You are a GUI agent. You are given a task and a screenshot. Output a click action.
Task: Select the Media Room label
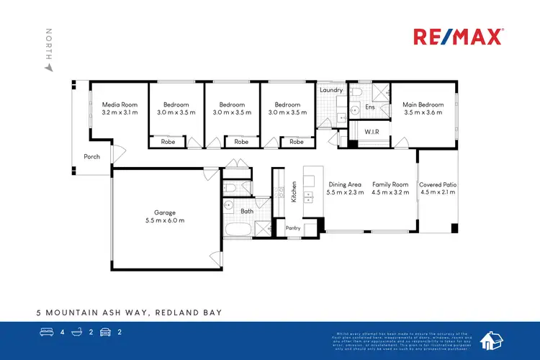[x=120, y=104]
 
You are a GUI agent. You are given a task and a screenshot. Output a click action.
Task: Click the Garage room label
[x=165, y=212]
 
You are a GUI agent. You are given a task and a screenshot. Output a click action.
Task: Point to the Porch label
[x=92, y=157]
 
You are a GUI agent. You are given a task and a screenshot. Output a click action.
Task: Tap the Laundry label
[x=331, y=90]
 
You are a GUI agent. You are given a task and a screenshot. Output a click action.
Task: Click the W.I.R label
[x=372, y=132]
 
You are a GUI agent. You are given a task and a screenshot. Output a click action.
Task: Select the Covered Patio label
[x=438, y=185]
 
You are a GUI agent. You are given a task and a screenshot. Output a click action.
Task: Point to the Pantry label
[x=293, y=228]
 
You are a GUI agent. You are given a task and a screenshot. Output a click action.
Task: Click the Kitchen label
[x=294, y=192]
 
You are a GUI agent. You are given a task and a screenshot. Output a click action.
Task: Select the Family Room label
[x=390, y=185]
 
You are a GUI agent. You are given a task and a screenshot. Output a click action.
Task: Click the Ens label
[x=370, y=107]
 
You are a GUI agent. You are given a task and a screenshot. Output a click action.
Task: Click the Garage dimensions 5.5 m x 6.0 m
[x=165, y=220]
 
